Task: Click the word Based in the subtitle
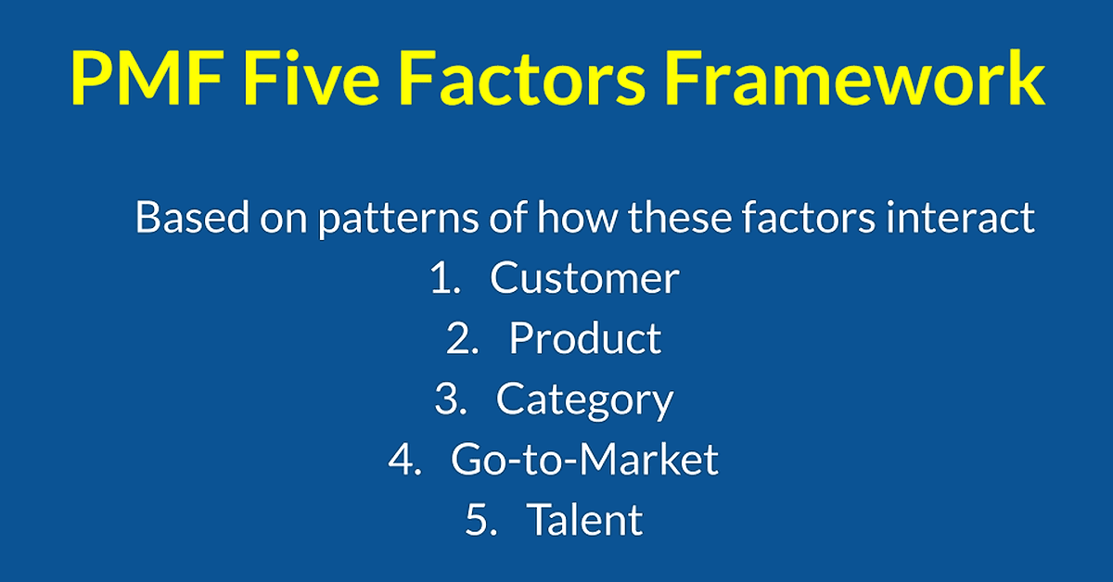click(192, 217)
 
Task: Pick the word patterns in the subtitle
click(399, 220)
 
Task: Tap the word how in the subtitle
click(577, 217)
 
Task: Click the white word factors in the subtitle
click(809, 217)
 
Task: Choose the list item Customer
click(584, 278)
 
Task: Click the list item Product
click(585, 338)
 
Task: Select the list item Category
click(585, 401)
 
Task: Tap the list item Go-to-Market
click(584, 460)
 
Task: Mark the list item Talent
click(585, 519)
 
